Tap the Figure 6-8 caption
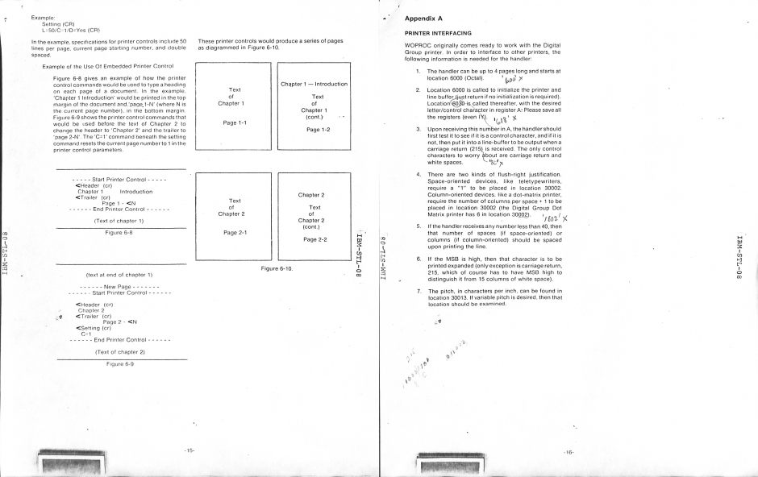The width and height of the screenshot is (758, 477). point(119,232)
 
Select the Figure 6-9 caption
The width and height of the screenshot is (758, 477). point(119,364)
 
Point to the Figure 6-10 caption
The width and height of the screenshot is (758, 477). point(276,268)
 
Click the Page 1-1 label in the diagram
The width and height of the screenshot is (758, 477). point(235,123)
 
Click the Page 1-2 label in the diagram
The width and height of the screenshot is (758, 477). point(314,129)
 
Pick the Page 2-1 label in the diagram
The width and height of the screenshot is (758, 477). point(235,234)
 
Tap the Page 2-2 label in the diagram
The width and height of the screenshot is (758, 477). point(314,239)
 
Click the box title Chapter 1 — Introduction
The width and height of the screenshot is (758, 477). point(314,84)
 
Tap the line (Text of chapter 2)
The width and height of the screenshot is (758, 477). point(119,352)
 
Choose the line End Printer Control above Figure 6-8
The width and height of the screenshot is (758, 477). point(120,209)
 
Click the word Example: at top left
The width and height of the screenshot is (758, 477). point(43,16)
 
